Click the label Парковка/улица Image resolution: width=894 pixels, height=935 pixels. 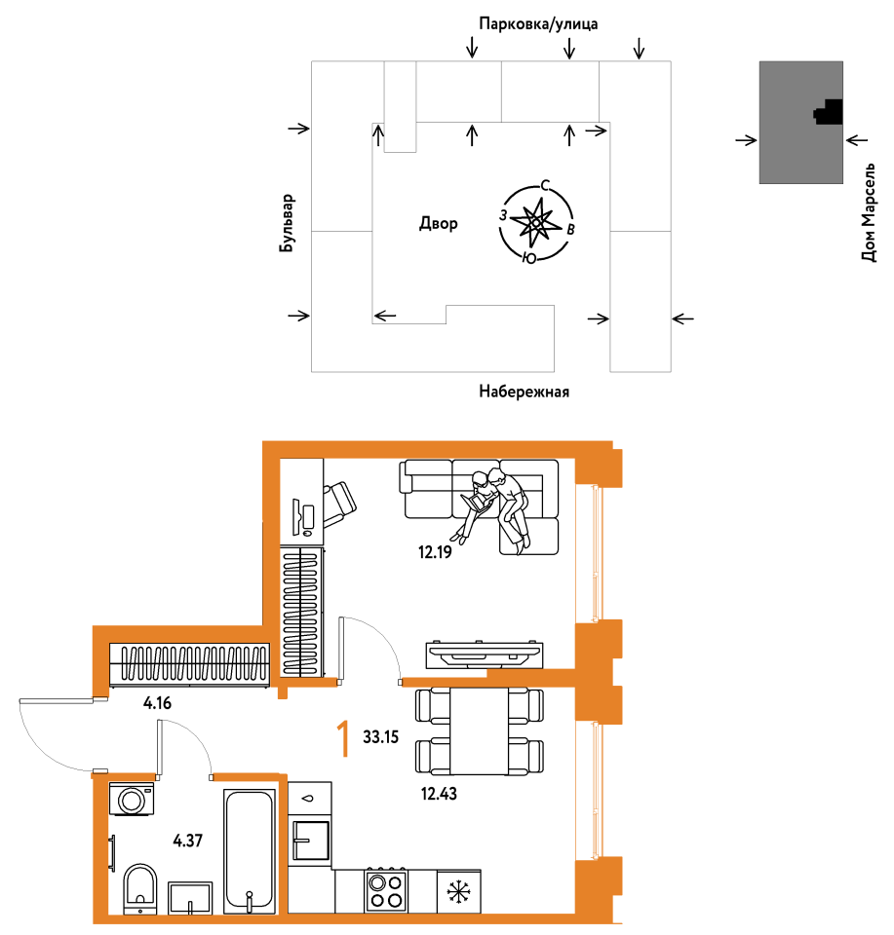[538, 23]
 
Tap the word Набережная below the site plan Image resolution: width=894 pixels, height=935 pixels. [524, 392]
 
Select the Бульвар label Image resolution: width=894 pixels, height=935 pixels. [287, 222]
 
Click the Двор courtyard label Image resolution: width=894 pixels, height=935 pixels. [439, 223]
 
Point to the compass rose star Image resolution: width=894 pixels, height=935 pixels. [535, 222]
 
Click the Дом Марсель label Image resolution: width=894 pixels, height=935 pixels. [869, 211]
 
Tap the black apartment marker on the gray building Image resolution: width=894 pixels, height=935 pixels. [829, 112]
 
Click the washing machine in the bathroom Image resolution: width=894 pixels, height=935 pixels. [132, 799]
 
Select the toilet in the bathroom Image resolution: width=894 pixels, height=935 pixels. [140, 889]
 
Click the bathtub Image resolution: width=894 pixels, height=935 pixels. [250, 851]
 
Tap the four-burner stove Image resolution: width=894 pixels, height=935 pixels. [385, 890]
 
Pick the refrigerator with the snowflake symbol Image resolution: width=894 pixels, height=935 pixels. [459, 892]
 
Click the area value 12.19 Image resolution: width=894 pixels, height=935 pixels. [435, 552]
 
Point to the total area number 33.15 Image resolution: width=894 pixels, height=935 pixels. [381, 737]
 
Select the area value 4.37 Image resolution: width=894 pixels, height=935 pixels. [187, 841]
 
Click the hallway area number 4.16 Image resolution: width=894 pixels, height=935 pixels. [157, 703]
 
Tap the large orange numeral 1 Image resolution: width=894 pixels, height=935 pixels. [343, 738]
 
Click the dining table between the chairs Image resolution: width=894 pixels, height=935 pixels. [480, 731]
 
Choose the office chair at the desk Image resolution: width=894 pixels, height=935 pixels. [339, 505]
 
